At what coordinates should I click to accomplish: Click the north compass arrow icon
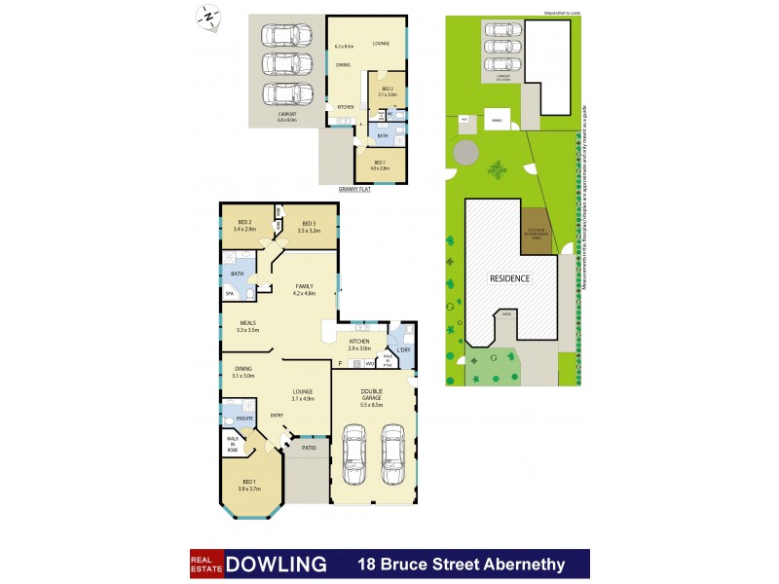[207, 17]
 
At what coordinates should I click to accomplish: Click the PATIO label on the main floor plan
[309, 448]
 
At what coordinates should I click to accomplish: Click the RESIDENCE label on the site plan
[508, 278]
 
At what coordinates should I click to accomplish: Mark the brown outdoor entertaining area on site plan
[535, 232]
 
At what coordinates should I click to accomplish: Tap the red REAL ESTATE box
[205, 564]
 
